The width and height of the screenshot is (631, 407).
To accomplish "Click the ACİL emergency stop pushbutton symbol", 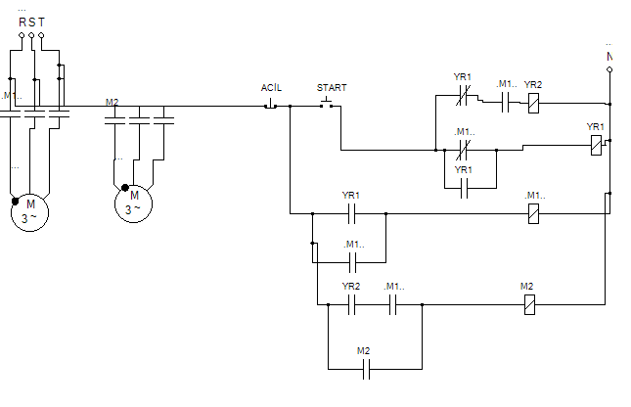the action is pyautogui.click(x=270, y=105).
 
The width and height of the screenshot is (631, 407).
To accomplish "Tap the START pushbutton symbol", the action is pyautogui.click(x=327, y=103).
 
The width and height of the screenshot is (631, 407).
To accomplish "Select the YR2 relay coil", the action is pyautogui.click(x=533, y=103).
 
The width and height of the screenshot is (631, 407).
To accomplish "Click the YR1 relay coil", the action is pyautogui.click(x=596, y=145).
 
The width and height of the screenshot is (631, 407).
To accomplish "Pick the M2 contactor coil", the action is pyautogui.click(x=530, y=304).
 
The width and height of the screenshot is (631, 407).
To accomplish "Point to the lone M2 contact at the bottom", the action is pyautogui.click(x=366, y=369).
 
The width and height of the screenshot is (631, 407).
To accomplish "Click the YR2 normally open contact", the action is pyautogui.click(x=351, y=304).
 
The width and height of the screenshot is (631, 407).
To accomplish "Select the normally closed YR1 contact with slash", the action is pyautogui.click(x=463, y=96).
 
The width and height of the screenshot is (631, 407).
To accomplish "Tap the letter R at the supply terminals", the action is pyautogui.click(x=23, y=23).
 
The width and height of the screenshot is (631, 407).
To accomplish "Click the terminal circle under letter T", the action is pyautogui.click(x=41, y=35).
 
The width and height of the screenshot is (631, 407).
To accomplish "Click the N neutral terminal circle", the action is pyautogui.click(x=609, y=69).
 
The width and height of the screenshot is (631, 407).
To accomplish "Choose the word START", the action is pyautogui.click(x=332, y=88).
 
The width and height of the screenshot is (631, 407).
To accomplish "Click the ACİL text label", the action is pyautogui.click(x=271, y=88).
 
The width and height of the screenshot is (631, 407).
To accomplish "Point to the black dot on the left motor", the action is pyautogui.click(x=16, y=202).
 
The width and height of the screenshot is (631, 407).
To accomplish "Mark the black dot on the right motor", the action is pyautogui.click(x=125, y=188).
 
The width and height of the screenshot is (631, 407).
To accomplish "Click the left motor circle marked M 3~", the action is pyautogui.click(x=29, y=212).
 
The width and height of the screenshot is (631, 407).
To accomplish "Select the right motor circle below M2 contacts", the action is pyautogui.click(x=134, y=203).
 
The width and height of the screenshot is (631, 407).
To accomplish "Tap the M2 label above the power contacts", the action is pyautogui.click(x=112, y=103).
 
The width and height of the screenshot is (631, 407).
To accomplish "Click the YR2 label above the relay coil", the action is pyautogui.click(x=533, y=85).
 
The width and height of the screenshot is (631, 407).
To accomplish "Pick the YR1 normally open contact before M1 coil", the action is pyautogui.click(x=351, y=213).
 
